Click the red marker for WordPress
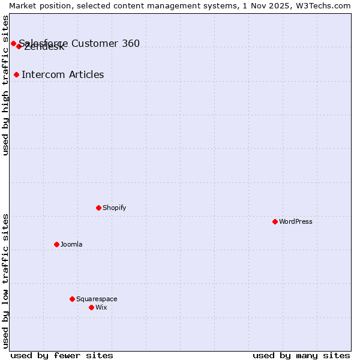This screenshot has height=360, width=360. click(x=275, y=221)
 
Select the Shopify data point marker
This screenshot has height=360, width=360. click(x=98, y=208)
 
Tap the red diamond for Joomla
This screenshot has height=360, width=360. click(x=56, y=244)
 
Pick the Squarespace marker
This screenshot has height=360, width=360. click(x=72, y=299)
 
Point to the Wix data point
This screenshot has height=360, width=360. click(x=91, y=307)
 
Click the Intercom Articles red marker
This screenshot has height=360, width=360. click(x=16, y=74)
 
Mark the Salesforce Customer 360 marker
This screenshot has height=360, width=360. click(x=13, y=43)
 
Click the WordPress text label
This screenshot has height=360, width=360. click(x=296, y=221)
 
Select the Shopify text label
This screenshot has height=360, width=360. click(x=114, y=208)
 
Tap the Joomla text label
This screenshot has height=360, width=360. click(x=71, y=244)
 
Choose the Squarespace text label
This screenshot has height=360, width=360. click(x=97, y=299)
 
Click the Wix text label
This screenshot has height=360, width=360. click(x=101, y=307)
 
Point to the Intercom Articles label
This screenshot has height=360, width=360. click(x=62, y=74)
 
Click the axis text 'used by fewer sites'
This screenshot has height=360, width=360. click(x=62, y=355)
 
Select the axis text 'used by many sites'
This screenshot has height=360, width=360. click(x=301, y=355)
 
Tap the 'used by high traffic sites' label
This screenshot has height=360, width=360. click(x=6, y=85)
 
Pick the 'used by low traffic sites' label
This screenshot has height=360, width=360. click(x=6, y=280)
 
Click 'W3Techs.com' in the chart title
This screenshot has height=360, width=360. click(x=326, y=5)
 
